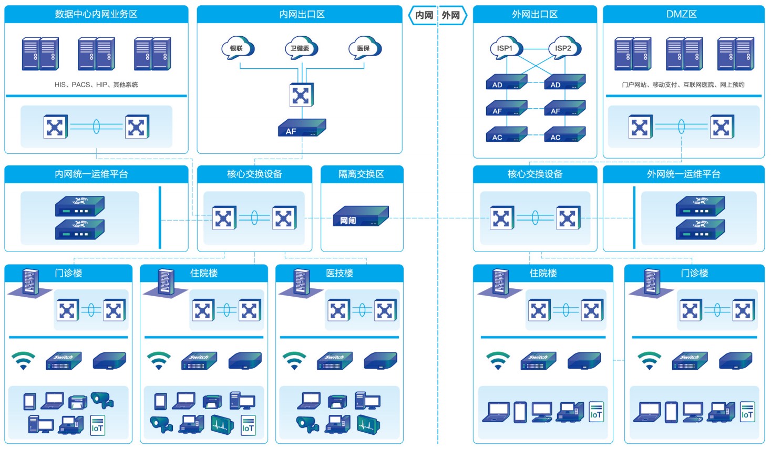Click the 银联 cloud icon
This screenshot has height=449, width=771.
point(238,47)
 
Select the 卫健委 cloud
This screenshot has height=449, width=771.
point(301,47)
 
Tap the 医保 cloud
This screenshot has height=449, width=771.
point(364,47)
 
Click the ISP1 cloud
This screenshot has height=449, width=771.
point(506,47)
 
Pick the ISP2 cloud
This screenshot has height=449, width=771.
point(564,47)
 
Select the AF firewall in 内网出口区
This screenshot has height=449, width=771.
point(302,128)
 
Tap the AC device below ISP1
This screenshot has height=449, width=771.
point(506,134)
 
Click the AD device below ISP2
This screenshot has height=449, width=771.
point(564,82)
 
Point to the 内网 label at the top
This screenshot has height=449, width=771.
point(424,15)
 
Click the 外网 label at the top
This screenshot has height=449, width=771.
point(450,15)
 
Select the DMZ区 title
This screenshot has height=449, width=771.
point(682,14)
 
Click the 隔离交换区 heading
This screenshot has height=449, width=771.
point(361,174)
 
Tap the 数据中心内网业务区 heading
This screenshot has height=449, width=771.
point(96,14)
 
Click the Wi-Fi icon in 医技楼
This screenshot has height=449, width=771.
point(294,360)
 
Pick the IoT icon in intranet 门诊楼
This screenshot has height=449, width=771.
point(97,425)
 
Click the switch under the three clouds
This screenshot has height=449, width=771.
point(301,95)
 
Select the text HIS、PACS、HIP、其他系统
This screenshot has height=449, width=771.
point(96,85)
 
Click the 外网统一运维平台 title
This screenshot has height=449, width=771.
point(683,174)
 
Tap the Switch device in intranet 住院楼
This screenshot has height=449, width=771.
point(199,361)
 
